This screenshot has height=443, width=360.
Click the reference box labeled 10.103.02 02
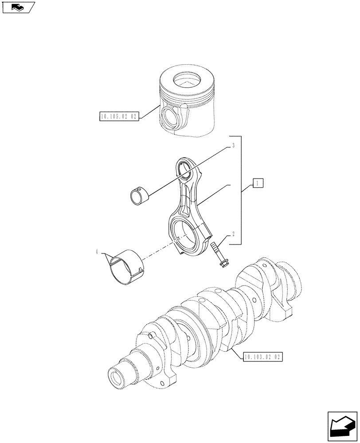tap(263, 356)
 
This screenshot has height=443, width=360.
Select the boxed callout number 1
tap(258, 183)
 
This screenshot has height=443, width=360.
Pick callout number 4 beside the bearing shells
tap(97, 252)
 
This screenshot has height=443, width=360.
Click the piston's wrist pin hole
tap(170, 116)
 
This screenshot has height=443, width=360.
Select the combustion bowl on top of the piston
tap(187, 81)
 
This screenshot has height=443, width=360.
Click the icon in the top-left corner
tap(18, 7)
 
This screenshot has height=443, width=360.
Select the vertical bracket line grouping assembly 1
tap(241, 190)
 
